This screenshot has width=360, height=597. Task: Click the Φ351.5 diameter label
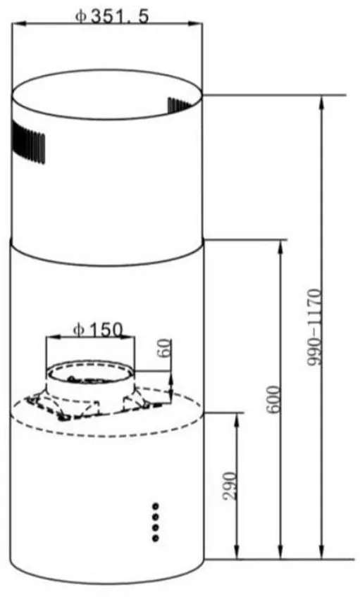pos(112,16)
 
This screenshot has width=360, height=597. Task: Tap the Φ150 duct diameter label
pos(98,329)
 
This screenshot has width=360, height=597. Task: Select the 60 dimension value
pos(165,348)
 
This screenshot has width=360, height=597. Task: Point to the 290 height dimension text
pos(230,486)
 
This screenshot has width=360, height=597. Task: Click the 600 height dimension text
pos(273,399)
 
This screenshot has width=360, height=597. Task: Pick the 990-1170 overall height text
pos(315,328)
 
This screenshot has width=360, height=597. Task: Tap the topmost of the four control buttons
pos(156,506)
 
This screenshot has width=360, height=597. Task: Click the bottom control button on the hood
pos(155,538)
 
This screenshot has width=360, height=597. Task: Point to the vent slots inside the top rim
pos(180,105)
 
